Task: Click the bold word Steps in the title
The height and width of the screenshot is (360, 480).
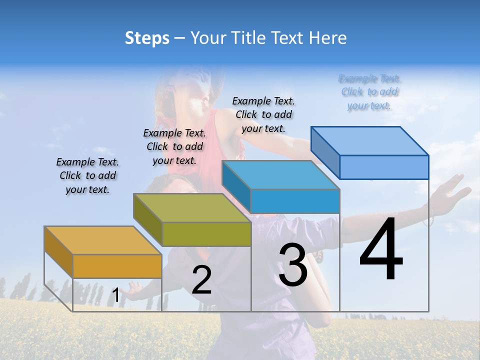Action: pyautogui.click(x=147, y=38)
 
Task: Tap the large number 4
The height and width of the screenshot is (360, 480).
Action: pyautogui.click(x=381, y=249)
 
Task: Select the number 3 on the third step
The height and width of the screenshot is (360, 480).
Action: pyautogui.click(x=293, y=265)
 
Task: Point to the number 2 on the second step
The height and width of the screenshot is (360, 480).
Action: pyautogui.click(x=201, y=280)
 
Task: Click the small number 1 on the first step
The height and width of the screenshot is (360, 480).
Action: pyautogui.click(x=115, y=295)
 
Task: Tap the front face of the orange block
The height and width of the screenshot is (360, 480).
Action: pyautogui.click(x=117, y=266)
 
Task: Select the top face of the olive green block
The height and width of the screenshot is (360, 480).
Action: pyautogui.click(x=192, y=207)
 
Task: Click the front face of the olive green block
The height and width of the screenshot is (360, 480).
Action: pyautogui.click(x=206, y=234)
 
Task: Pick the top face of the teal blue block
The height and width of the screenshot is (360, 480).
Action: pyautogui.click(x=280, y=175)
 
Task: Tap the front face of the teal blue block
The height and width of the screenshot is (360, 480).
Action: pyautogui.click(x=295, y=201)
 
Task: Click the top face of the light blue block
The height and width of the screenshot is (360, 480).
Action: pyautogui.click(x=369, y=140)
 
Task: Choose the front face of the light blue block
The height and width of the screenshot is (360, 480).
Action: pyautogui.click(x=384, y=167)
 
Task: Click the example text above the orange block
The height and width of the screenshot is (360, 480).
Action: pyautogui.click(x=87, y=175)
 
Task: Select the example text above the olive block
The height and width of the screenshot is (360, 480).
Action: pyautogui.click(x=174, y=146)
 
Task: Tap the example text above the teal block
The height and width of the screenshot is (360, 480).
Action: pyautogui.click(x=263, y=114)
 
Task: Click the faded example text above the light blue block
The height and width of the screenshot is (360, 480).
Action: pyautogui.click(x=369, y=92)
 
